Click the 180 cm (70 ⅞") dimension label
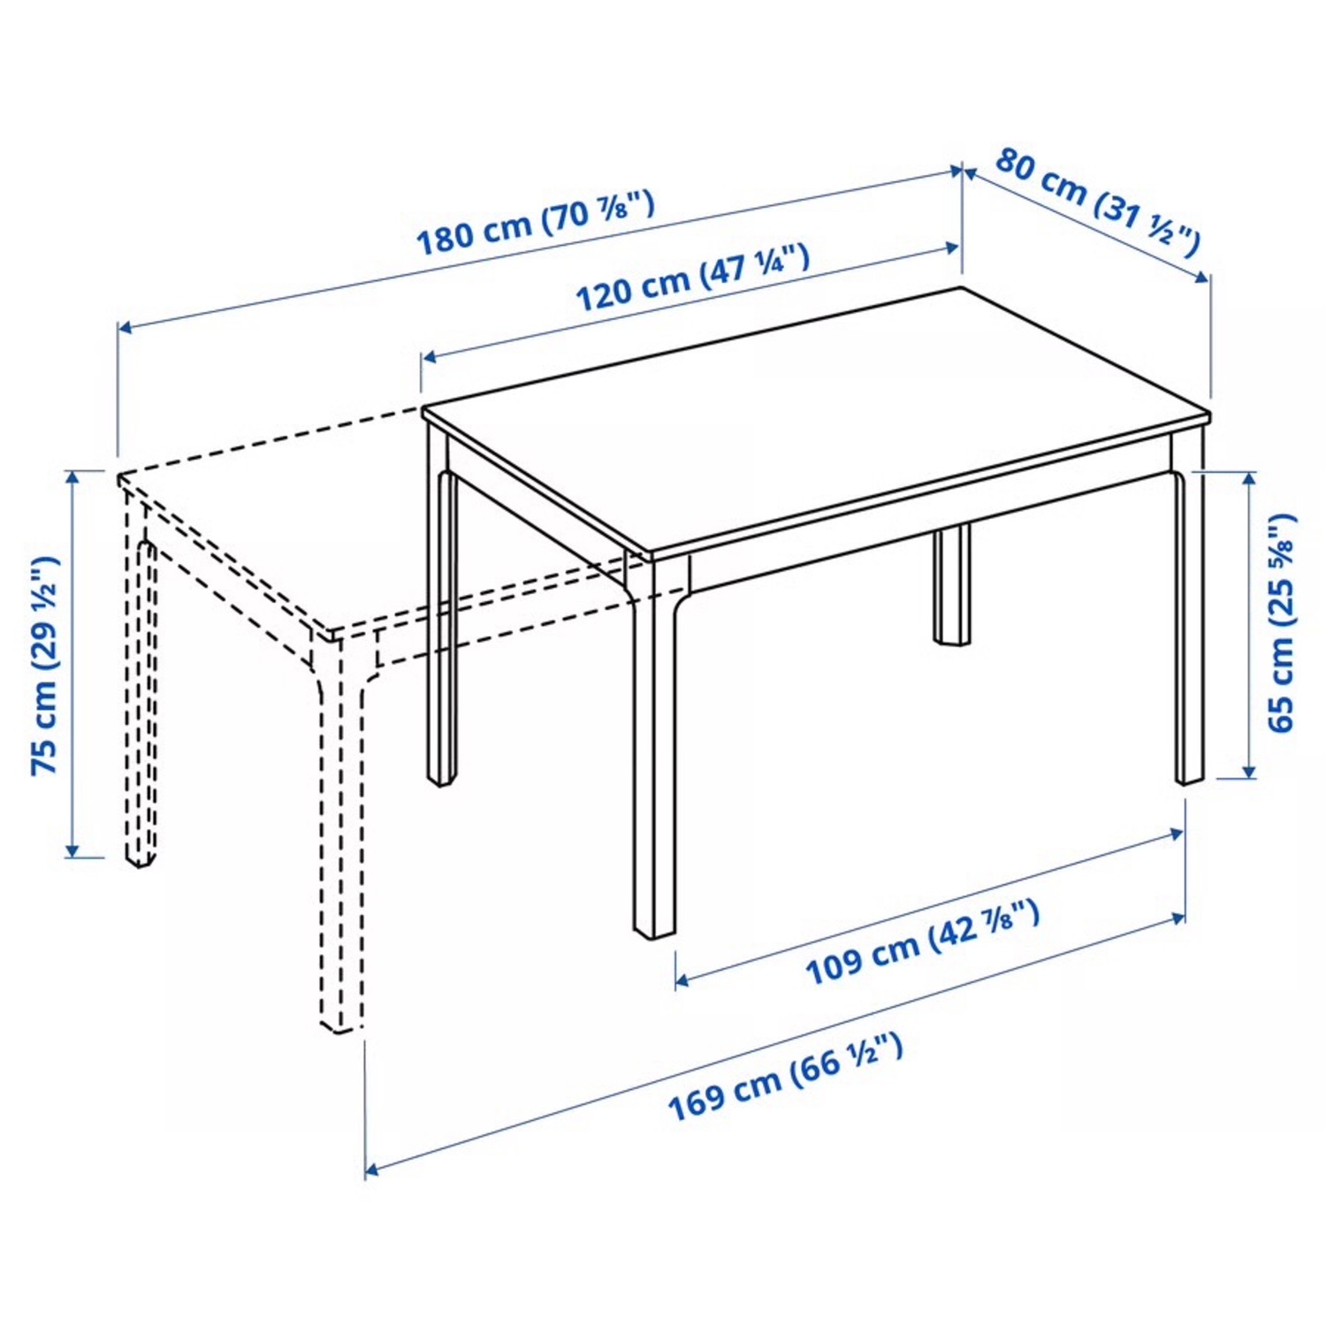coord(536,222)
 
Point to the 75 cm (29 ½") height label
coord(44,665)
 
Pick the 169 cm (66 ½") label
coord(785,1075)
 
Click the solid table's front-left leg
coord(654,751)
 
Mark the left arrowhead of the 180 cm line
coord(125,329)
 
